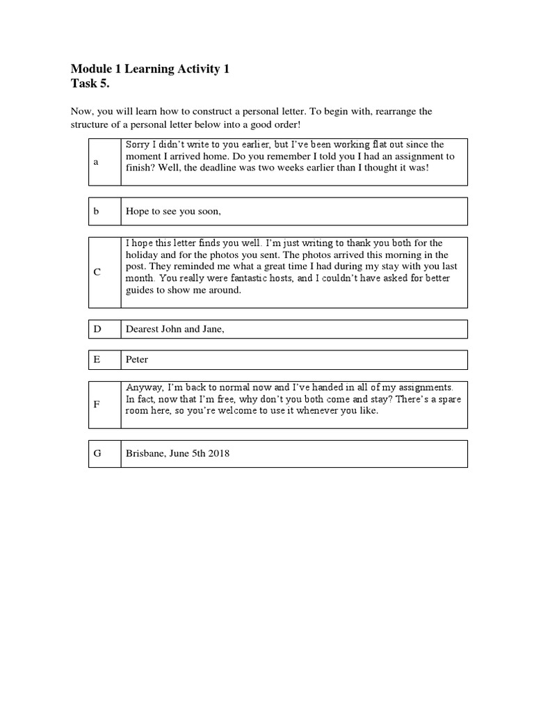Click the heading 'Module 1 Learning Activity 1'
pos(149,69)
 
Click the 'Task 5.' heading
pos(90,84)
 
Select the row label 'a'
pos(96,161)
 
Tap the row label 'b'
pos(97,211)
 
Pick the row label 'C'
pos(97,272)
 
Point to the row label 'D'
pos(97,329)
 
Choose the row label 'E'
pos(97,359)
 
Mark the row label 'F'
pos(97,404)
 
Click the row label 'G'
pos(97,453)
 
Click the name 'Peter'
pos(137,359)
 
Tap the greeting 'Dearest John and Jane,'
pos(175,329)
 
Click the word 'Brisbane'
pos(144,453)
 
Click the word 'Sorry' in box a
pos(136,145)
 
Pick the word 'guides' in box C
pos(138,291)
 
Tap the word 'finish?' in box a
pos(140,168)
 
